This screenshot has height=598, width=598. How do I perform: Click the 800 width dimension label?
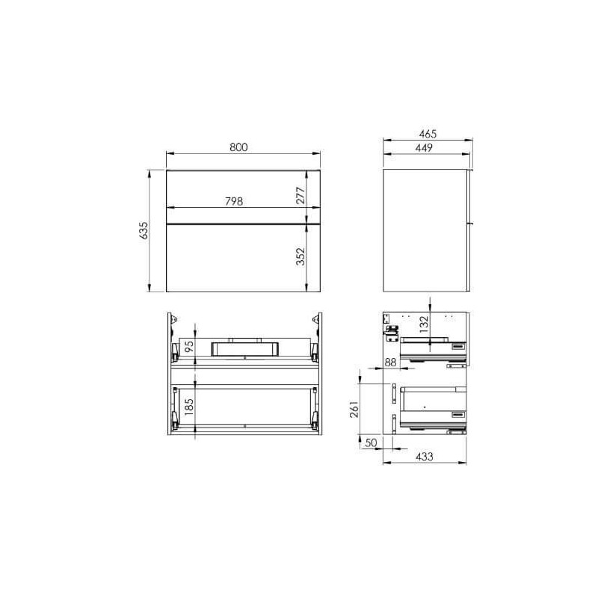coord(238,147)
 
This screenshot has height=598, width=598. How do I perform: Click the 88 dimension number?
coord(389,363)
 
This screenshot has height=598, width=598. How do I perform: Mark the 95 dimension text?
coord(190,347)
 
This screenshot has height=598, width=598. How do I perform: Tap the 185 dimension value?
coord(190,408)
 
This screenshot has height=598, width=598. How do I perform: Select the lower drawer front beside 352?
coord(224,258)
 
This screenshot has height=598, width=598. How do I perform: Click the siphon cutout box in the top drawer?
coord(245,348)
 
